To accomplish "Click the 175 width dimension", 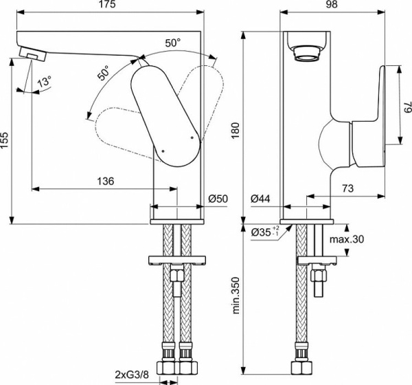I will (x=107, y=6).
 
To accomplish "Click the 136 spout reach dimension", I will (x=105, y=181).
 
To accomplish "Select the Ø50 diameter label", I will (x=218, y=199).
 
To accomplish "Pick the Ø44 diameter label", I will (x=260, y=199).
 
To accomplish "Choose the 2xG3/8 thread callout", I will (x=131, y=375).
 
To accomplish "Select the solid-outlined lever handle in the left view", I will (x=164, y=113).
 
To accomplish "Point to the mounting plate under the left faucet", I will (x=176, y=260).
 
